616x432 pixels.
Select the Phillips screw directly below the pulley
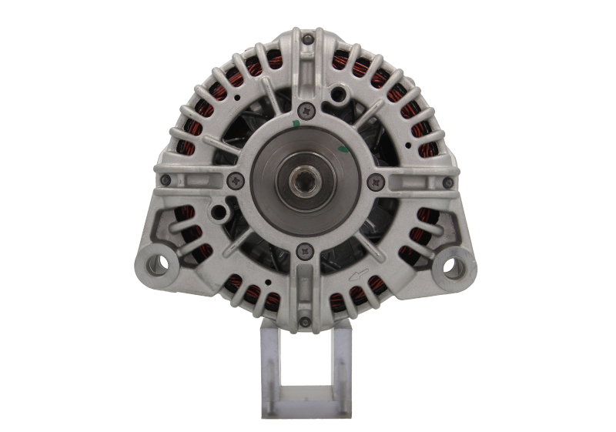307,249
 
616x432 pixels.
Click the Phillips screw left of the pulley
234,182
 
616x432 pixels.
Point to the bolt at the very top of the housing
308,38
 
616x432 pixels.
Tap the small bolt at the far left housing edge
165,179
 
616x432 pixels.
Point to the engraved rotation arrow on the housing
357,272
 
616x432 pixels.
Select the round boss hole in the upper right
336,95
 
